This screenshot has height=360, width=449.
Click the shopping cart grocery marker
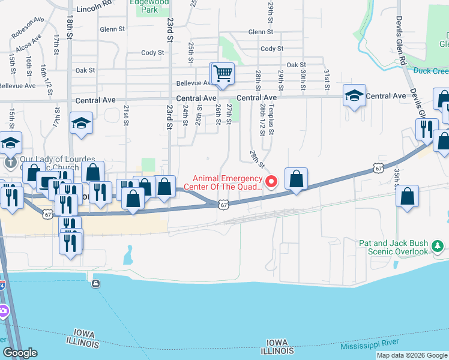(223, 74)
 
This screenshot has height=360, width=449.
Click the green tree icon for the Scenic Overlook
(438, 245)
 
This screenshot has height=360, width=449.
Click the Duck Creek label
(431, 70)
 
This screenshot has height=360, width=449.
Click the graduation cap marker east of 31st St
(354, 95)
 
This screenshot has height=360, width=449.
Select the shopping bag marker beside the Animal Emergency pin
(297, 179)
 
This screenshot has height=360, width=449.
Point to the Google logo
(20, 353)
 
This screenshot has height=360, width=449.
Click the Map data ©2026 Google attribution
(412, 355)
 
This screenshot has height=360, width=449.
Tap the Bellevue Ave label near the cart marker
(192, 83)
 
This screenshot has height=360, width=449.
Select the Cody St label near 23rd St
(152, 53)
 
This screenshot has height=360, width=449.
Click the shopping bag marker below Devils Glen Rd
(408, 197)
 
